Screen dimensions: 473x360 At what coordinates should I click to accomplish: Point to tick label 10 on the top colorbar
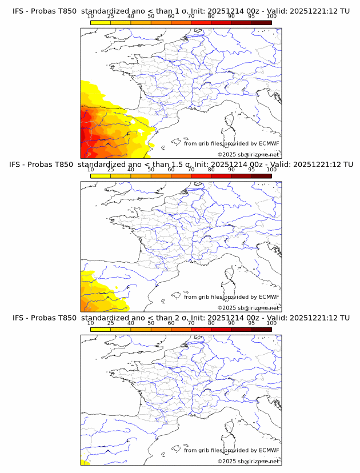(x=90, y=17)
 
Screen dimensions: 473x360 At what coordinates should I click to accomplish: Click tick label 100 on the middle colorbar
(x=271, y=170)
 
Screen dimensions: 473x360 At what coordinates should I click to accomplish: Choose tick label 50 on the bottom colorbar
(x=151, y=323)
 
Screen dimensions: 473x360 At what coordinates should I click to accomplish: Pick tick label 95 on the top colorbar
(x=251, y=17)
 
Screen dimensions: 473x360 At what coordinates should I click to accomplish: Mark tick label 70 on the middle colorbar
(x=191, y=170)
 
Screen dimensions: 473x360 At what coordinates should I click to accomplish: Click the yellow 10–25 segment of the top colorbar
(x=101, y=22)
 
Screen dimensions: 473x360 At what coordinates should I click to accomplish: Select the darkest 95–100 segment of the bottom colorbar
(x=261, y=329)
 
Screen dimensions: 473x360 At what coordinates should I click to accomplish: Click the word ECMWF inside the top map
(x=269, y=143)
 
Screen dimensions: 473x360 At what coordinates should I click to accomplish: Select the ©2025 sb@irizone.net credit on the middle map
(x=248, y=307)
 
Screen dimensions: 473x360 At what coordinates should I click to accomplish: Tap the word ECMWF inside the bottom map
(x=269, y=450)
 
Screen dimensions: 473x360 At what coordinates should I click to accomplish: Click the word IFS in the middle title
(x=18, y=165)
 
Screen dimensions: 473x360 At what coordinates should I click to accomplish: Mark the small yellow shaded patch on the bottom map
(x=84, y=461)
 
